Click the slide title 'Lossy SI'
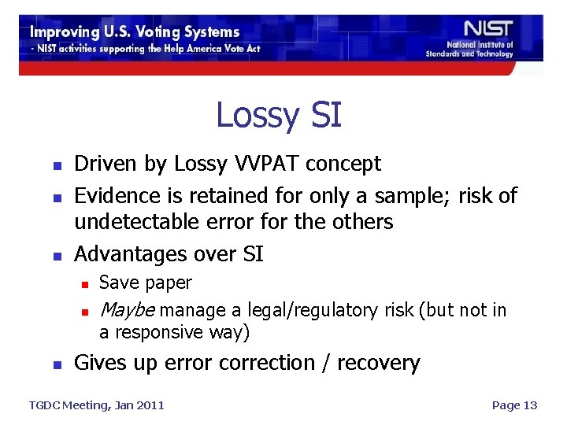coord(279,115)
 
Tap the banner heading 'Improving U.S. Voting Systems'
coord(135,32)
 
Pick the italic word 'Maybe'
coord(128,310)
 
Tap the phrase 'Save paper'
coord(146,283)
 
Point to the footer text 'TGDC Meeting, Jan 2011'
coord(97,405)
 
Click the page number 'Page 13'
coord(513,405)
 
